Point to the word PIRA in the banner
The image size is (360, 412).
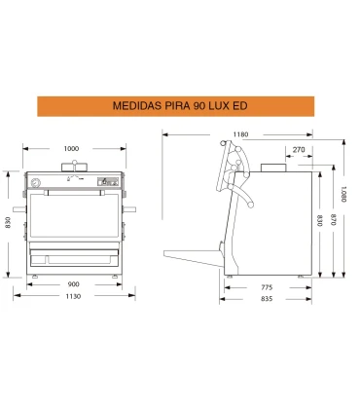coord(172,106)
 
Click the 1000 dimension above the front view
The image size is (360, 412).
coord(71,149)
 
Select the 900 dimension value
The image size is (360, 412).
coord(73,284)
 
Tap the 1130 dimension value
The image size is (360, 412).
coord(73,296)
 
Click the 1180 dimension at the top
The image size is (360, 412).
coord(240,134)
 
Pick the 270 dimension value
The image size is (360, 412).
coord(299,150)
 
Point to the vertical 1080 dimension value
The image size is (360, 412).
coord(344,194)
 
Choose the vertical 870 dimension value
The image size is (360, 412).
coord(333,219)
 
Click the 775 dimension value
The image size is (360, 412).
coord(267,287)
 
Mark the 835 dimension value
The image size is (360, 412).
coord(267,299)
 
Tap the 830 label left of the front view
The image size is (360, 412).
coord(8,222)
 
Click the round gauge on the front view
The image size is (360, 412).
coord(35,183)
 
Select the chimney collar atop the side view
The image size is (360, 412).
coord(273,168)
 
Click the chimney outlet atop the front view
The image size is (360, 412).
coord(75,167)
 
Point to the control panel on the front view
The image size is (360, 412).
coord(109,182)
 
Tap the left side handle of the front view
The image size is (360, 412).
coord(19,209)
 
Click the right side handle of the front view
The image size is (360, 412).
coord(129,209)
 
